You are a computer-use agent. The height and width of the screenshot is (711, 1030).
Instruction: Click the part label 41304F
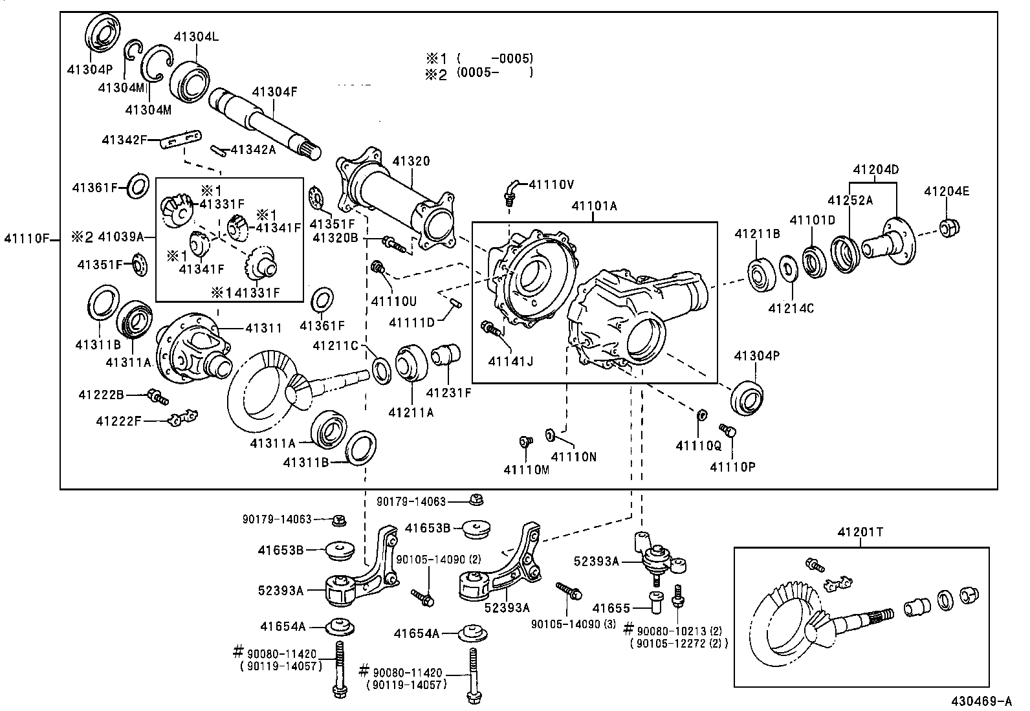(274, 92)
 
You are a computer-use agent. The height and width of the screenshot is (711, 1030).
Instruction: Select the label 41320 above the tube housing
(411, 161)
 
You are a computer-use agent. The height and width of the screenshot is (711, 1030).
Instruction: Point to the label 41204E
(947, 191)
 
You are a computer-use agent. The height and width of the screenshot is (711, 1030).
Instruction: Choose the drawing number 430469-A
(981, 701)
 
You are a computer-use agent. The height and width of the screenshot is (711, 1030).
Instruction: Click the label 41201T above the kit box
(860, 532)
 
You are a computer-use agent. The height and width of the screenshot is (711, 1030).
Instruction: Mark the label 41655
(611, 607)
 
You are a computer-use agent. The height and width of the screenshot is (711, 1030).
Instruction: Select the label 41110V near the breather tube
(551, 184)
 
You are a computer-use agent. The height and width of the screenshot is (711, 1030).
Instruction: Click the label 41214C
(791, 308)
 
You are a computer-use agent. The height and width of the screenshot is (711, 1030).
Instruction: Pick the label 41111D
(411, 322)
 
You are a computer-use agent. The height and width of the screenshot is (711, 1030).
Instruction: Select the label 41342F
(124, 139)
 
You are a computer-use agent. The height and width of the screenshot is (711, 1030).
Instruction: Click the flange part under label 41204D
(896, 239)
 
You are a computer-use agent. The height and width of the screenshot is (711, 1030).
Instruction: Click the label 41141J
(510, 360)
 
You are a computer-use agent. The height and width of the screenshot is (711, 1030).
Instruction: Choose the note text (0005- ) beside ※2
(495, 72)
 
